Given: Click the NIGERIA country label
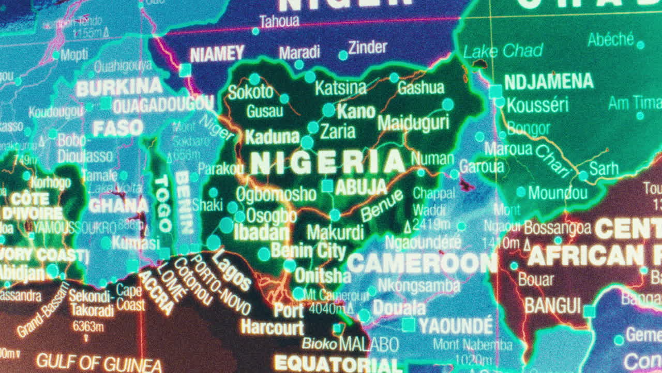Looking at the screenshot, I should pyautogui.click(x=327, y=163).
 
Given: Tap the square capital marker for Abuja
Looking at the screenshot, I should pyautogui.click(x=327, y=186).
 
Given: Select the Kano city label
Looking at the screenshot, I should pyautogui.click(x=356, y=111).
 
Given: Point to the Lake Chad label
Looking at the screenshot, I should pyautogui.click(x=503, y=51).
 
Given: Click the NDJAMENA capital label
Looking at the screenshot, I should pyautogui.click(x=549, y=82).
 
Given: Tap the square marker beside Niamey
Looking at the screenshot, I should pyautogui.click(x=185, y=70).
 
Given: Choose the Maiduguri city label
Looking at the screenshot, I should pyautogui.click(x=413, y=123).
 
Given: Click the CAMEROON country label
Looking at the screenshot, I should pyautogui.click(x=422, y=263).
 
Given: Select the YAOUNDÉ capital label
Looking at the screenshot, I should pyautogui.click(x=456, y=326).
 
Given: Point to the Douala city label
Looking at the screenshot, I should pyautogui.click(x=399, y=309).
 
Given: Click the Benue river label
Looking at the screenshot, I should pyautogui.click(x=382, y=206).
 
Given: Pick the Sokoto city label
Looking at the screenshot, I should pyautogui.click(x=250, y=92).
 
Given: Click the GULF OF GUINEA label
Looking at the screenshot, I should pyautogui.click(x=99, y=361).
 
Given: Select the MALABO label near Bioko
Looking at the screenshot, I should pyautogui.click(x=369, y=344).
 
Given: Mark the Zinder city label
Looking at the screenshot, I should pyautogui.click(x=367, y=48).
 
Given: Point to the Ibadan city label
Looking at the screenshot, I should pyautogui.click(x=261, y=233).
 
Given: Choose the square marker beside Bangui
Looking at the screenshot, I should pyautogui.click(x=589, y=311).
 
